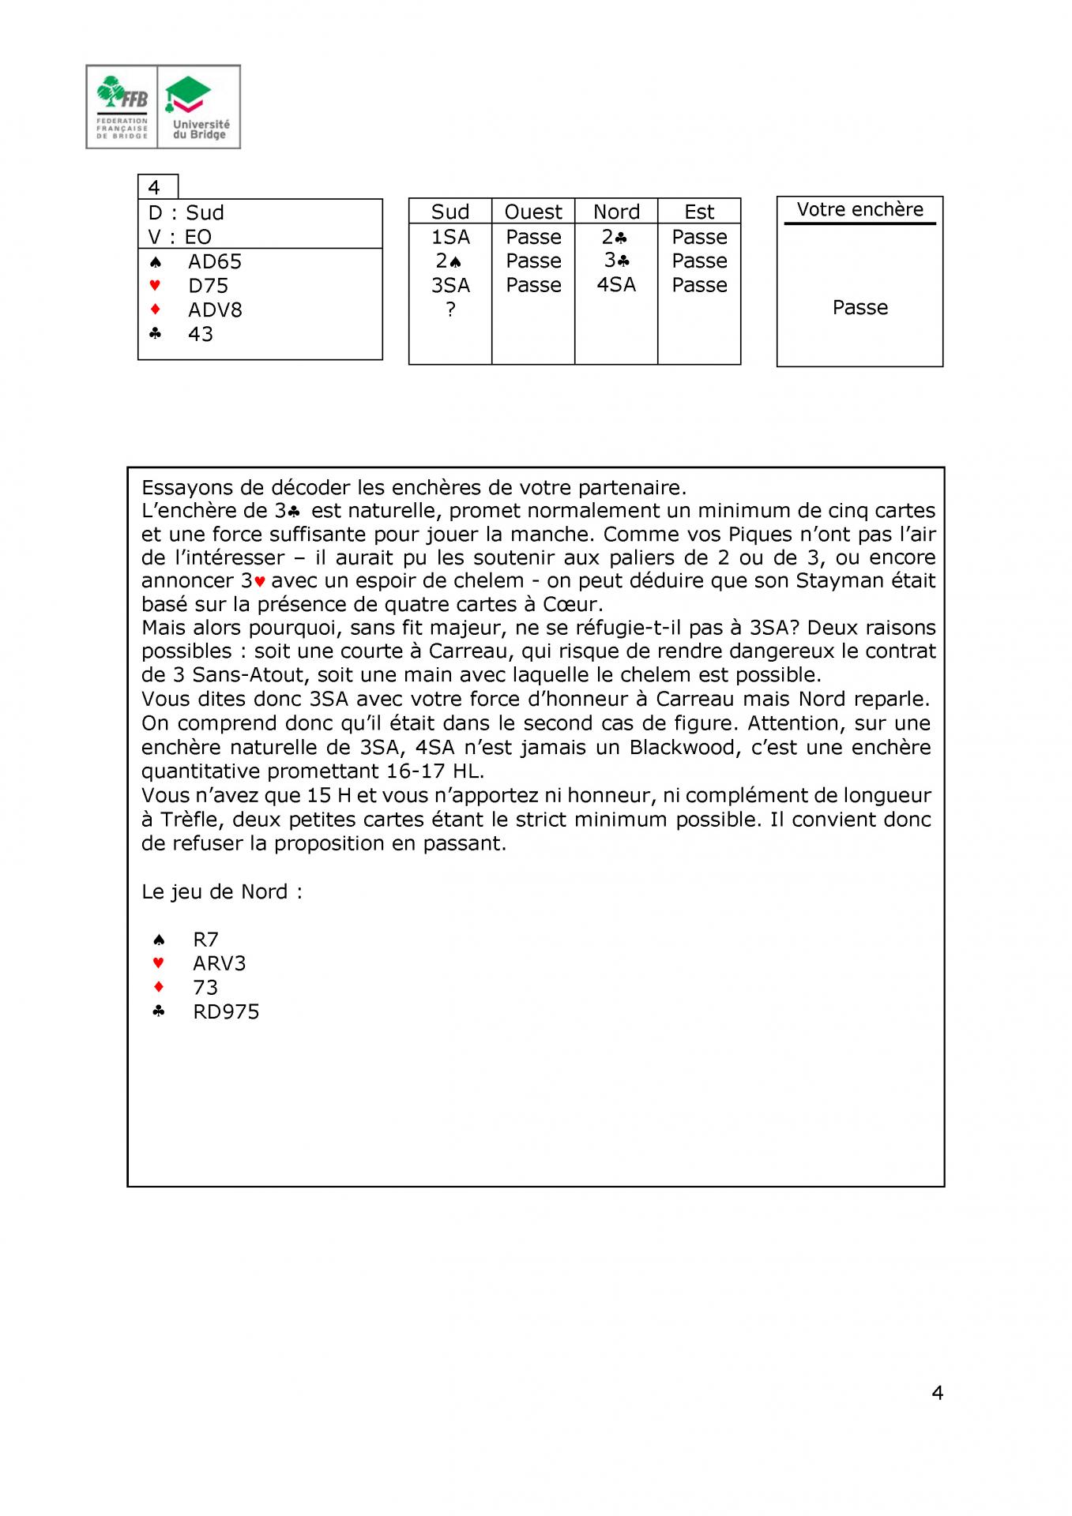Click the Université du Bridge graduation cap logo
(188, 94)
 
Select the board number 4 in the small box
(155, 187)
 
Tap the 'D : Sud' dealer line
(186, 212)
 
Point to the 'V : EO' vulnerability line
(180, 237)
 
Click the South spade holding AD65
(214, 261)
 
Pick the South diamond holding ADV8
(214, 310)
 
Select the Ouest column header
(533, 212)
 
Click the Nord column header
(616, 212)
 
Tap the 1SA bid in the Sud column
(450, 237)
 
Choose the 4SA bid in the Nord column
(616, 284)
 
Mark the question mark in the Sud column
(450, 310)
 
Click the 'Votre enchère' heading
(859, 209)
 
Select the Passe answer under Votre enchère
(859, 307)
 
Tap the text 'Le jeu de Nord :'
(222, 891)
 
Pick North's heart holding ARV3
(219, 963)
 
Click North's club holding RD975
(226, 1011)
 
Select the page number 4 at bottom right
(938, 1393)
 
